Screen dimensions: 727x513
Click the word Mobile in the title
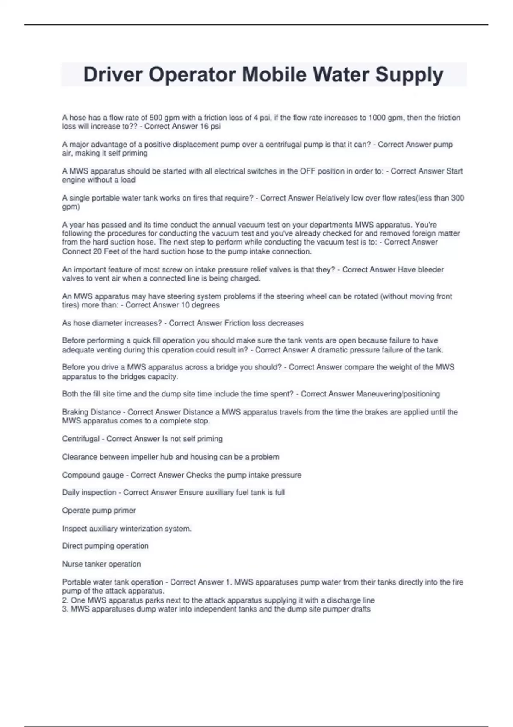(274, 74)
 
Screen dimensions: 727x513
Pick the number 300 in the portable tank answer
(457, 198)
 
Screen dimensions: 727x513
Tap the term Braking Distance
(91, 412)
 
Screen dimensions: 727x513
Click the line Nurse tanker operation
(101, 564)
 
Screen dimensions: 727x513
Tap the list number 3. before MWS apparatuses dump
(65, 609)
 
